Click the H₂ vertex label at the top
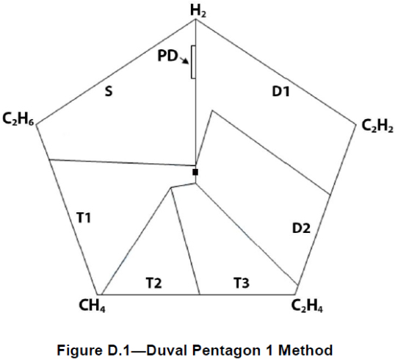click(x=198, y=11)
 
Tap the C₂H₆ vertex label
click(x=18, y=119)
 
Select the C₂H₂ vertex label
click(x=377, y=126)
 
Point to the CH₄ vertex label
click(x=92, y=306)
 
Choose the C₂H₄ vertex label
click(x=307, y=306)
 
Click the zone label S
click(x=109, y=91)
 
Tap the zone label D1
click(x=281, y=91)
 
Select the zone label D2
click(x=301, y=228)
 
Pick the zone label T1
click(x=84, y=217)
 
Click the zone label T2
click(x=153, y=283)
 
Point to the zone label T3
click(x=242, y=283)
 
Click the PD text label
click(x=167, y=56)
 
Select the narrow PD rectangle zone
click(x=193, y=62)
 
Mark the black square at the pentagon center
click(x=195, y=172)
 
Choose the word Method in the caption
click(x=305, y=350)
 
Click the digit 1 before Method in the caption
click(x=272, y=350)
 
